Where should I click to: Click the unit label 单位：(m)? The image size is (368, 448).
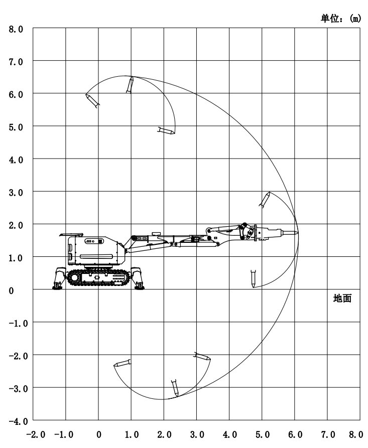341,19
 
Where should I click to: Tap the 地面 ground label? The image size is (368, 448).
342,298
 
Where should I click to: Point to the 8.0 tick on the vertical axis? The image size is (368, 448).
16,29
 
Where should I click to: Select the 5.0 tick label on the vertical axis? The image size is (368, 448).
16,127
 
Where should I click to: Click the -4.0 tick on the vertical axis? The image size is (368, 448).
18,421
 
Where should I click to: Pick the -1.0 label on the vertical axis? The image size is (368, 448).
18,324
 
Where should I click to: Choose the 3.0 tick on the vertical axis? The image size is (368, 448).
16,193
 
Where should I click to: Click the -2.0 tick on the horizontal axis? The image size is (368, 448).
36,435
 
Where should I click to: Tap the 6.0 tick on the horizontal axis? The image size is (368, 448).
295,435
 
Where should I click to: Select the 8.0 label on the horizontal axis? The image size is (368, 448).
356,435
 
